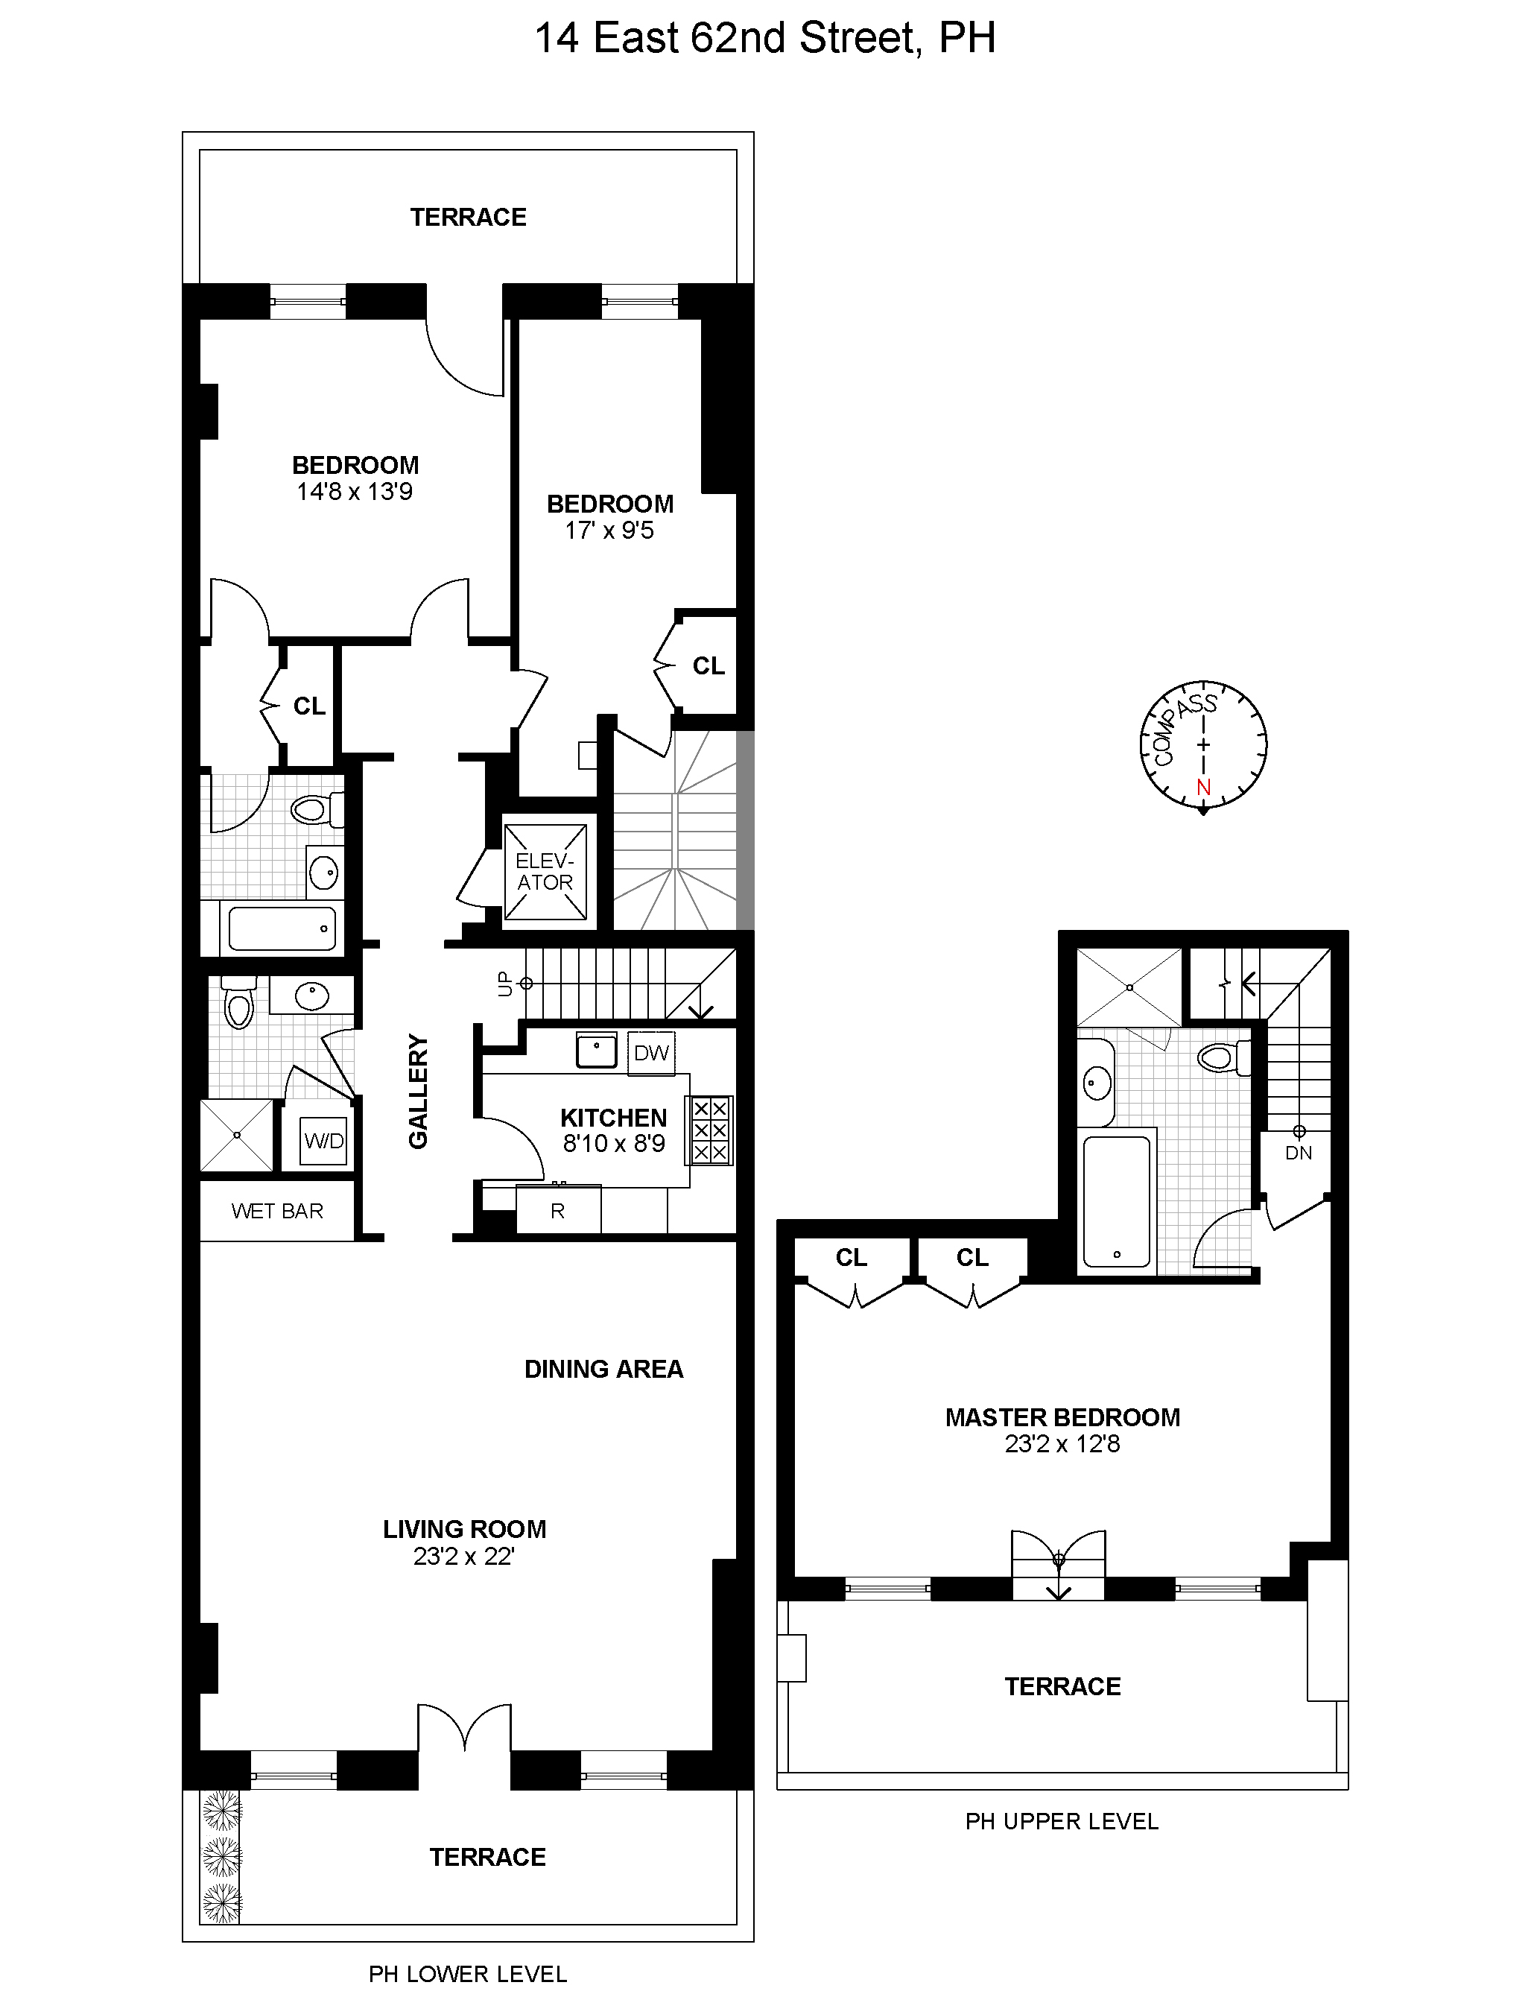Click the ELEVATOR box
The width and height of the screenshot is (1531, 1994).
tap(545, 872)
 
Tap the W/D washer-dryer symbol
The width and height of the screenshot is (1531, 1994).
tap(324, 1141)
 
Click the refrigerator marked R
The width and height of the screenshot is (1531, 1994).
tap(558, 1211)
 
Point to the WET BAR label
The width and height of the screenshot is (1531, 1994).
tap(277, 1211)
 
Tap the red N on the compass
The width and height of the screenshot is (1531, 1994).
tap(1204, 786)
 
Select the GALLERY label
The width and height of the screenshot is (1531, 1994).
tap(418, 1091)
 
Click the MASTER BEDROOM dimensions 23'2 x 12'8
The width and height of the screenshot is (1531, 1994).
tap(1062, 1443)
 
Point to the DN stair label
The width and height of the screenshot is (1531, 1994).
tap(1299, 1153)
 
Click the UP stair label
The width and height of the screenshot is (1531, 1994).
tap(507, 984)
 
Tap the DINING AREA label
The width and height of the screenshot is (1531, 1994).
tap(603, 1369)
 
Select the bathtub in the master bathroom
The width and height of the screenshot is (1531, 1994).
tap(1118, 1201)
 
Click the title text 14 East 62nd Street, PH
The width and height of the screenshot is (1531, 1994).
tap(764, 38)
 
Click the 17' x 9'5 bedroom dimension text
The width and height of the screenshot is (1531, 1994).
tap(609, 531)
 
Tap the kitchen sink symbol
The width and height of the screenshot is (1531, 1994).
tap(597, 1050)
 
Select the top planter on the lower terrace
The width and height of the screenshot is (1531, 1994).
tap(221, 1811)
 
